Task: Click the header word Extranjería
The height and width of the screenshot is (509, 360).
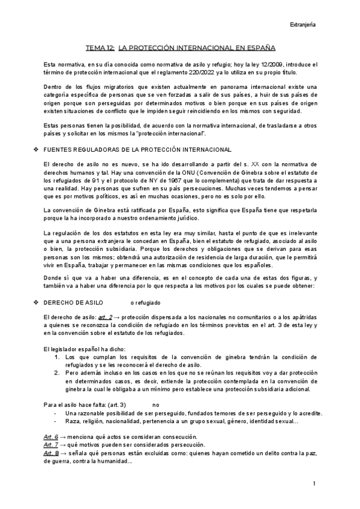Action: [303, 25]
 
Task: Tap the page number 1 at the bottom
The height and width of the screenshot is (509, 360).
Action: [314, 483]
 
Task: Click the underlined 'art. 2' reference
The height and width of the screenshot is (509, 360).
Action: [89, 317]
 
